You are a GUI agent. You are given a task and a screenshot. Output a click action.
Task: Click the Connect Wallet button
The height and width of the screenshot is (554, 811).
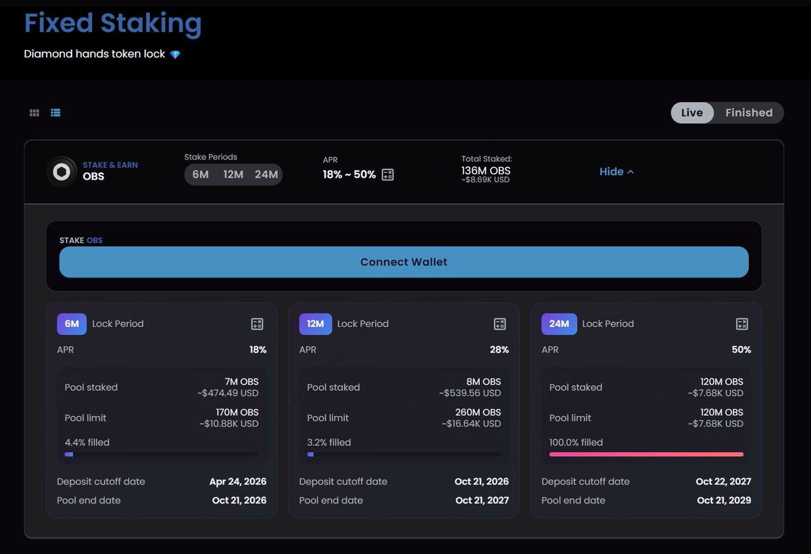[x=403, y=262]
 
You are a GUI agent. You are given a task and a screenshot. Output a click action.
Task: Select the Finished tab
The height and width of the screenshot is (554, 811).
[x=748, y=113]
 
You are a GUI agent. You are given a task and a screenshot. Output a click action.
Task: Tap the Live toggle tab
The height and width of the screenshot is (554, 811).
[x=691, y=113]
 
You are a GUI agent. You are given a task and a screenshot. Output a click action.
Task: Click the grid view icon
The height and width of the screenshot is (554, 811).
[x=34, y=113]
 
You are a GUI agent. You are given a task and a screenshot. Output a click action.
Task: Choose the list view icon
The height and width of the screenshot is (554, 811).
[x=55, y=113]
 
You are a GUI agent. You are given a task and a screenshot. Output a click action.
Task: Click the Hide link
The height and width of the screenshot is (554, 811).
[x=616, y=172]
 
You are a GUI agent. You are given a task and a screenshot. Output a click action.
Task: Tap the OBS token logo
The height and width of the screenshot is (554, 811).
[x=62, y=172]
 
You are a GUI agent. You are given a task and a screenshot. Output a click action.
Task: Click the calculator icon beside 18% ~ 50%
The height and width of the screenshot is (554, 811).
[x=387, y=175]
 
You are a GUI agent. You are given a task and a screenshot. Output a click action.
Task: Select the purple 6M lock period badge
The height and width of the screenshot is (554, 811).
[x=72, y=324]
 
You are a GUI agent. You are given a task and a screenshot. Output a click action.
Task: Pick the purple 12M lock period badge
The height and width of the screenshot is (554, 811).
[x=315, y=324]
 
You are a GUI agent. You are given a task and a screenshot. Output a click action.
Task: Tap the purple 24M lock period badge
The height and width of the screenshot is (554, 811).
[x=559, y=324]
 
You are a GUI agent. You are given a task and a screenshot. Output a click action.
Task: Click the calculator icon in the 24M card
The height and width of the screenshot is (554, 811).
[x=741, y=324]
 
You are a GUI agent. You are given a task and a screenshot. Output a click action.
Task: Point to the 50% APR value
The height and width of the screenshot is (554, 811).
[x=741, y=349]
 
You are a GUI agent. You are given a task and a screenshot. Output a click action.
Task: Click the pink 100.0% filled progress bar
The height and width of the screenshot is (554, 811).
[x=646, y=455]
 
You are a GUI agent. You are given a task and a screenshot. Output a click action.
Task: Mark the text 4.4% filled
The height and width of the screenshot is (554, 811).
[x=87, y=443]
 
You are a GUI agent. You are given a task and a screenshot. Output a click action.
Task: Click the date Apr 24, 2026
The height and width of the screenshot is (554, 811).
[x=238, y=482]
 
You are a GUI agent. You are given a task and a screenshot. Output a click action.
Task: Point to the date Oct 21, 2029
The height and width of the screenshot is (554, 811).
[x=724, y=501]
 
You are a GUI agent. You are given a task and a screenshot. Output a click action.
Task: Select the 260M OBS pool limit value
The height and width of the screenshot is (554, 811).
[x=478, y=412]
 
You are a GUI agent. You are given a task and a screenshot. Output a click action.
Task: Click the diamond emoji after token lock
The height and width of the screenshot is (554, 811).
[x=175, y=54]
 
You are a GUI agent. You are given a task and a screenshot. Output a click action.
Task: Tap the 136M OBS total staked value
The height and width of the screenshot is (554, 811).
[x=486, y=170]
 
